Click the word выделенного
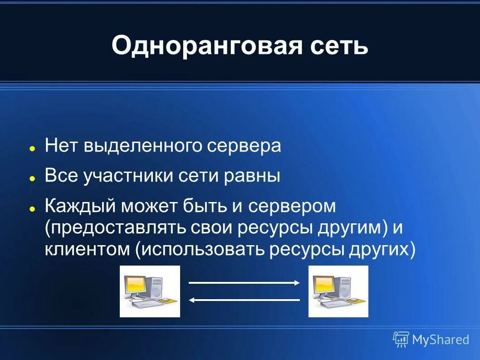pyautogui.click(x=144, y=146)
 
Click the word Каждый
pyautogui.click(x=80, y=207)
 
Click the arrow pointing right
pyautogui.click(x=244, y=283)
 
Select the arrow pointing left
pyautogui.click(x=244, y=300)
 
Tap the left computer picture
pyautogui.click(x=150, y=291)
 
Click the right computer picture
pyautogui.click(x=338, y=291)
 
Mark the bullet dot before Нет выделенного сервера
pyautogui.click(x=32, y=148)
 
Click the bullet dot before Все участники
pyautogui.click(x=32, y=178)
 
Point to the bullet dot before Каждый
pyautogui.click(x=32, y=209)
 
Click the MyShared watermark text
pyautogui.click(x=440, y=339)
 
